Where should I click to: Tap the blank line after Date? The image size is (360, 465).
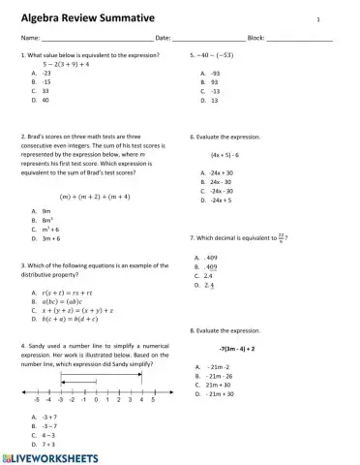(x=209, y=39)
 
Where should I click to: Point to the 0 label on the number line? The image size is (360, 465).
(x=95, y=399)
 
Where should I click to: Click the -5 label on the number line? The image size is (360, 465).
(x=36, y=399)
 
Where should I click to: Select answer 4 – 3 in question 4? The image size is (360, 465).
(x=46, y=435)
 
